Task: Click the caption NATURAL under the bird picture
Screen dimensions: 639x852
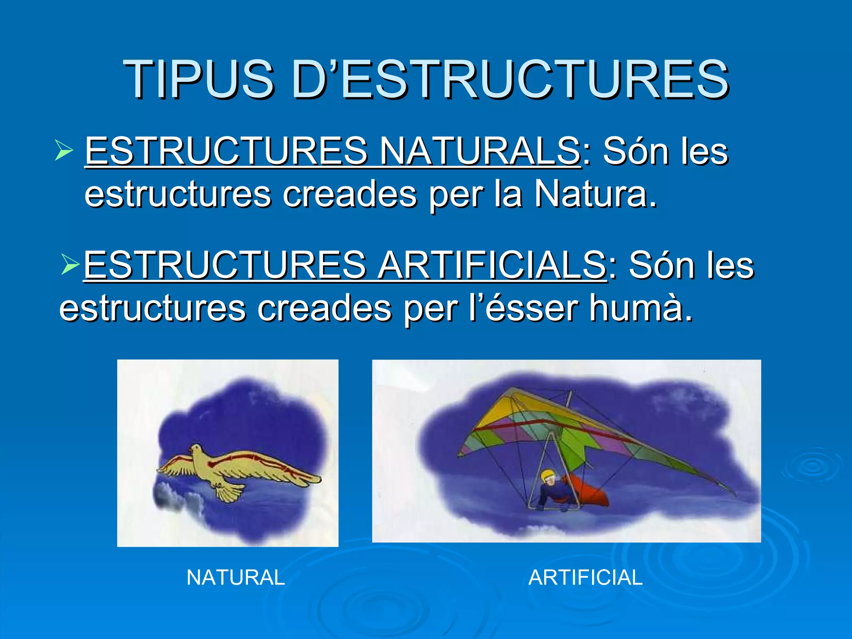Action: [235, 577]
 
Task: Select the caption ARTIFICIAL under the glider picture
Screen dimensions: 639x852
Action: [585, 577]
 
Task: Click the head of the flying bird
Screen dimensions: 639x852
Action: [195, 450]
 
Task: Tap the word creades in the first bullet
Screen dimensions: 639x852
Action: [349, 194]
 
